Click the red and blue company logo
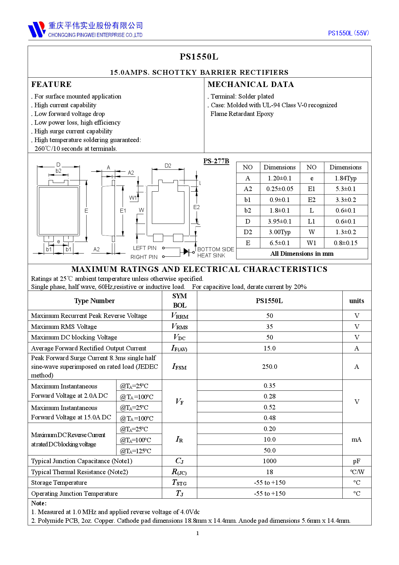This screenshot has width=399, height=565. [x=37, y=29]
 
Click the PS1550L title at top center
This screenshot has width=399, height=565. [x=199, y=57]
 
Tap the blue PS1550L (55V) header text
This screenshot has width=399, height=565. [x=348, y=33]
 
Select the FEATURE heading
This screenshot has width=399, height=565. [x=51, y=84]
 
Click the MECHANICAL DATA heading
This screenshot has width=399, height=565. [x=251, y=84]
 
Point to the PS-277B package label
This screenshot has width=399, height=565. [x=216, y=161]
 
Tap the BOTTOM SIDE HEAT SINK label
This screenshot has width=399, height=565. [x=215, y=252]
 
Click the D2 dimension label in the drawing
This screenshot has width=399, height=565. [x=168, y=166]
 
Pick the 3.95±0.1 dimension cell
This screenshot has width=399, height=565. [x=280, y=221]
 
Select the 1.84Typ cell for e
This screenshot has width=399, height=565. [x=346, y=178]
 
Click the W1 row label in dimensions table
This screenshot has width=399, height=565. [x=311, y=243]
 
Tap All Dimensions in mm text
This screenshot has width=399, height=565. [x=302, y=254]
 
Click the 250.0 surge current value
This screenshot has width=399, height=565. [x=269, y=367]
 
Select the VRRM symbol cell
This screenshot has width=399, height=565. [x=180, y=316]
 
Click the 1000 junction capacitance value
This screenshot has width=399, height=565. [x=269, y=461]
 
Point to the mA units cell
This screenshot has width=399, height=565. [x=357, y=439]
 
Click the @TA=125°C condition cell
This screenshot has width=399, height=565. [x=135, y=451]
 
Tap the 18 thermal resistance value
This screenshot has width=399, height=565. [x=269, y=472]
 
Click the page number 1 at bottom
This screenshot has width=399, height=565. [x=198, y=533]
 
